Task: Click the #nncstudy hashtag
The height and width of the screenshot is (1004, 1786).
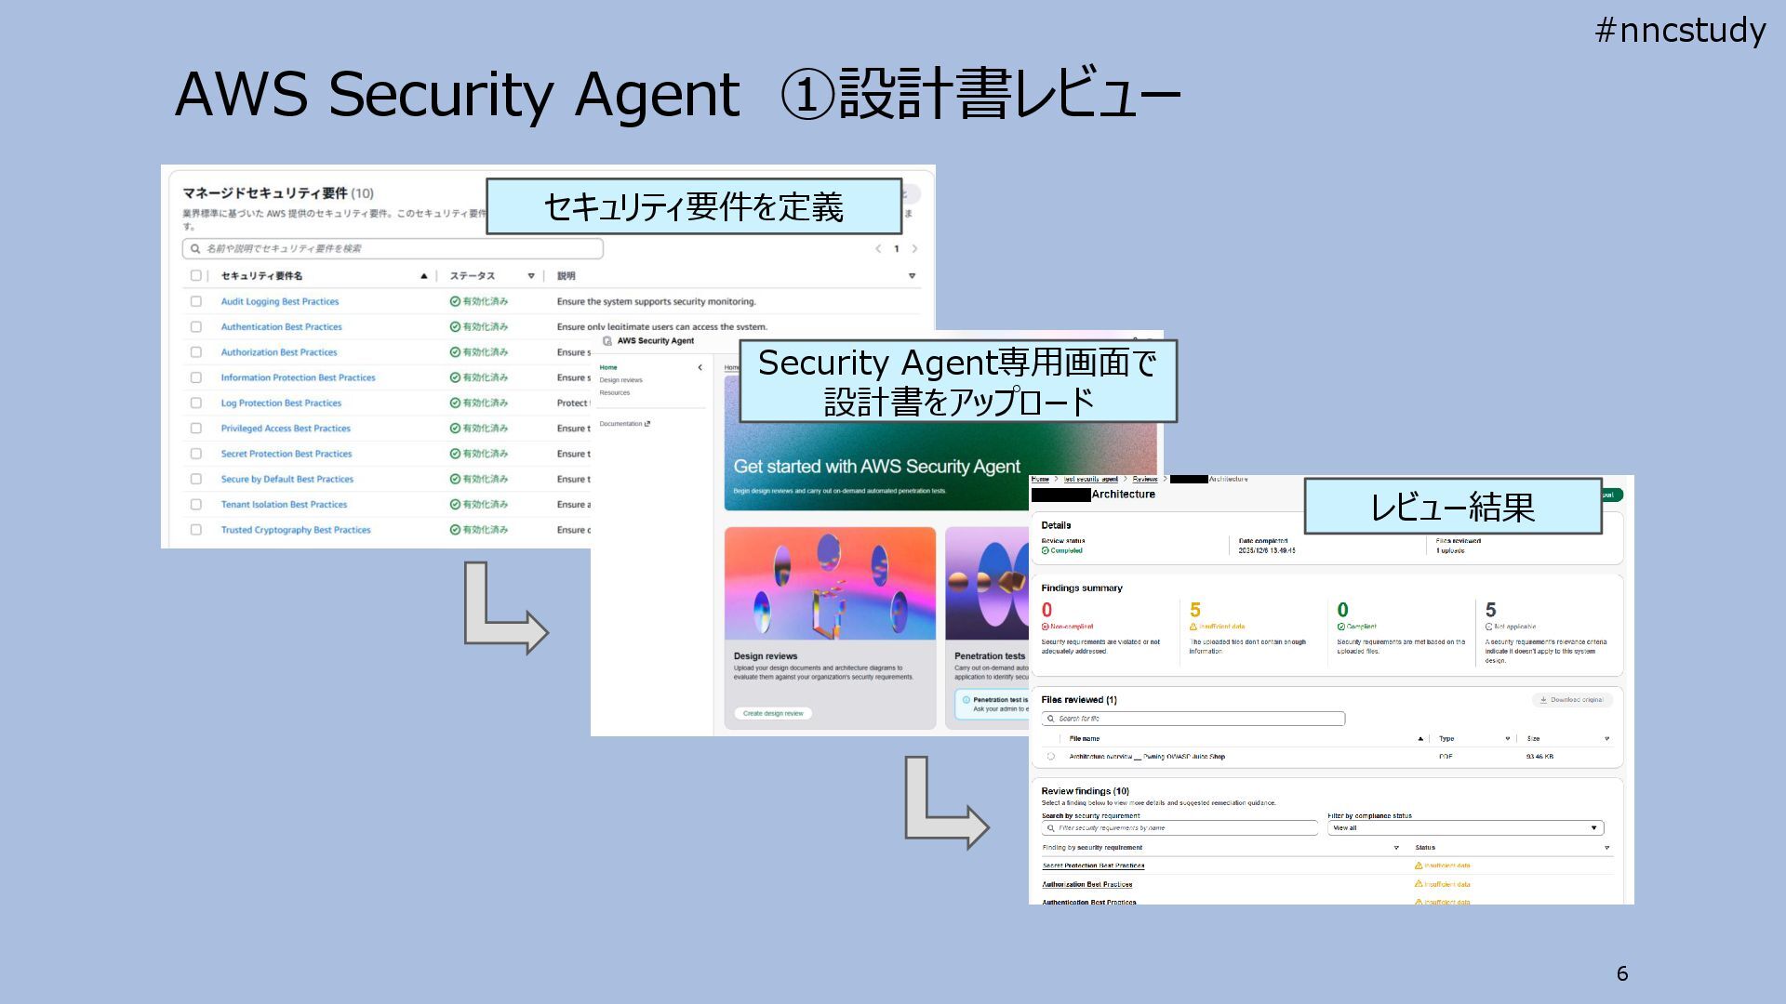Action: [x=1680, y=31]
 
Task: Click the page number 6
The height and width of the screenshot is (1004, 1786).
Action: [x=1622, y=973]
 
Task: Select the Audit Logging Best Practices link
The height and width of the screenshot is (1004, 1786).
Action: [x=279, y=301]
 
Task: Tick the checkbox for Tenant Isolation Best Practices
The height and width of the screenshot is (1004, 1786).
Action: [x=195, y=505]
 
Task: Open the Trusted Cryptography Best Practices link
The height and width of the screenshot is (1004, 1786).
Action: [x=295, y=530]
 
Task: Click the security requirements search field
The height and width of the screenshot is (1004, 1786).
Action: [x=393, y=248]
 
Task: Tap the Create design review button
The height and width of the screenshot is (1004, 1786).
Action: [x=773, y=713]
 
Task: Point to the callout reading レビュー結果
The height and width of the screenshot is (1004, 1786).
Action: [x=1452, y=507]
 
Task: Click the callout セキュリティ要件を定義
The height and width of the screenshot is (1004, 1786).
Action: [x=693, y=206]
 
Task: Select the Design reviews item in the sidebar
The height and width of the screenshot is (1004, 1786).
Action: [x=620, y=380]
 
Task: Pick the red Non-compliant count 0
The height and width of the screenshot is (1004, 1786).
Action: [x=1046, y=610]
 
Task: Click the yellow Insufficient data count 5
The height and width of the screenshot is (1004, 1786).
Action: [x=1195, y=610]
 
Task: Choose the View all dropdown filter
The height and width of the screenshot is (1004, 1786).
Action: [x=1464, y=827]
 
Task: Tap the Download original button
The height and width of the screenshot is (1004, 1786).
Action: [x=1571, y=700]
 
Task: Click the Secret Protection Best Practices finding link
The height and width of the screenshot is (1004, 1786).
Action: [x=1093, y=865]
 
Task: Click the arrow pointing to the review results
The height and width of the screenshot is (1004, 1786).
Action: [x=944, y=805]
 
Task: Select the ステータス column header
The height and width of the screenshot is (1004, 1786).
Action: [x=473, y=276]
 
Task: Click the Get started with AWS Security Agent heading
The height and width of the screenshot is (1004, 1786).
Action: [x=876, y=467]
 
